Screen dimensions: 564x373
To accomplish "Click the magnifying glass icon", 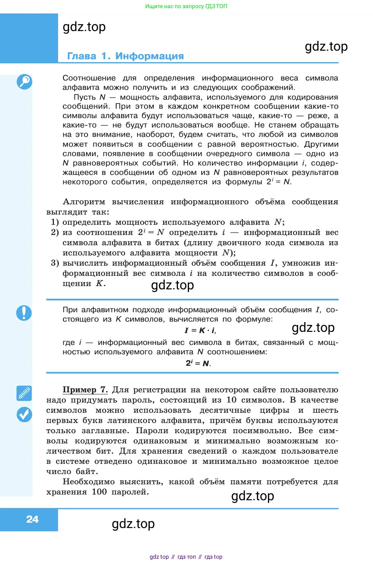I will [x=24, y=82].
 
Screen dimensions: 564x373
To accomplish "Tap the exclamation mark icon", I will [x=24, y=313].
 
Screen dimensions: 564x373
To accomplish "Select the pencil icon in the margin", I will [x=24, y=393].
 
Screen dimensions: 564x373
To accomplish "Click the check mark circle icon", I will [x=24, y=414].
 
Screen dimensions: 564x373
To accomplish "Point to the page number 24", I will [x=32, y=519].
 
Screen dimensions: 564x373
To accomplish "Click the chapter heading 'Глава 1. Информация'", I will [x=125, y=56].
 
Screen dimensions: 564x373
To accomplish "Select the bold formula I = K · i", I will [x=200, y=330].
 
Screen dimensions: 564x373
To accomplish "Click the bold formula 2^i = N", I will [x=198, y=363].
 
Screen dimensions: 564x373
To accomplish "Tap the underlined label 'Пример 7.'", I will [x=85, y=390].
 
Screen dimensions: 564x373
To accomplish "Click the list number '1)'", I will [x=55, y=222].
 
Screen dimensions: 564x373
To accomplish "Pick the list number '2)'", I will [x=55, y=233].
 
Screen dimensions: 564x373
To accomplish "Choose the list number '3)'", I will [x=55, y=263].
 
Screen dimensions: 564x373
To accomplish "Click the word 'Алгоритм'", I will [x=84, y=202].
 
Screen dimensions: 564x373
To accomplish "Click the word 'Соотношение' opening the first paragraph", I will [x=89, y=78].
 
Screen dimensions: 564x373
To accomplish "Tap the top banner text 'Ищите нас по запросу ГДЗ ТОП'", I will [x=186, y=6].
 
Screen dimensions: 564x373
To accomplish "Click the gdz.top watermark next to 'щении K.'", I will [x=173, y=285].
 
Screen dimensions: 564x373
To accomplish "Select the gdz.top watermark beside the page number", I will [x=133, y=524].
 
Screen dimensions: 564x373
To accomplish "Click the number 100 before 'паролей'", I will [x=99, y=492].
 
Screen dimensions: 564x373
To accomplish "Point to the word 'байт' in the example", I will [x=86, y=472].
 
